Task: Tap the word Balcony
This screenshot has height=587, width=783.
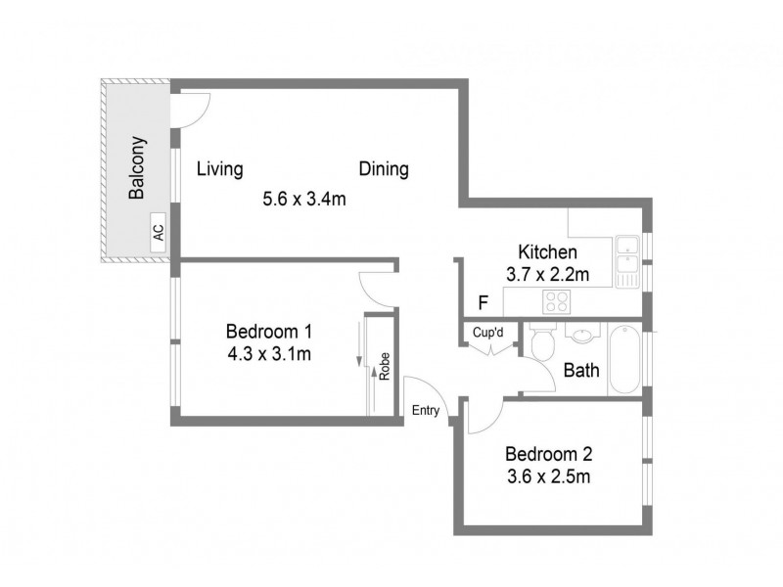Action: click(x=137, y=167)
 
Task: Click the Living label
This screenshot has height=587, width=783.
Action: click(x=219, y=169)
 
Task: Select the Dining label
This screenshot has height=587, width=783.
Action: click(x=383, y=169)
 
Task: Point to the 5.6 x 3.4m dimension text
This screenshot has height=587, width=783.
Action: click(x=304, y=199)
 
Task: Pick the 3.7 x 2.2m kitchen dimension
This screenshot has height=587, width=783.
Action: click(x=547, y=275)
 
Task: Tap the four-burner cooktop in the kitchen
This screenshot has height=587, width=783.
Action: click(x=557, y=301)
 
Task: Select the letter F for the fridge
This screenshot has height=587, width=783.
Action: click(x=482, y=302)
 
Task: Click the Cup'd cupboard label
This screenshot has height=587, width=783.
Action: click(x=487, y=333)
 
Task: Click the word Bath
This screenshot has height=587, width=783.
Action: click(x=581, y=372)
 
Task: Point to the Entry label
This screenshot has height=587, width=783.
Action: click(x=425, y=410)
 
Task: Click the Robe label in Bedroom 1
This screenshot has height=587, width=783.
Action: click(x=385, y=365)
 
